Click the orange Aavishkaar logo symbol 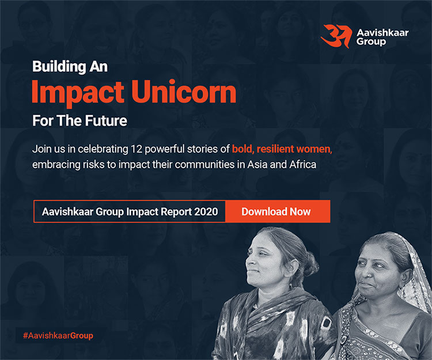point(337,36)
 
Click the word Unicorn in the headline point(184,92)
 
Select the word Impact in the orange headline point(78,94)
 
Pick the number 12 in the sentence point(137,149)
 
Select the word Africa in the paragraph point(303,164)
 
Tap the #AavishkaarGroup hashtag point(58,336)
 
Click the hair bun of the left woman point(310,264)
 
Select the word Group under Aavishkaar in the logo point(371,42)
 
